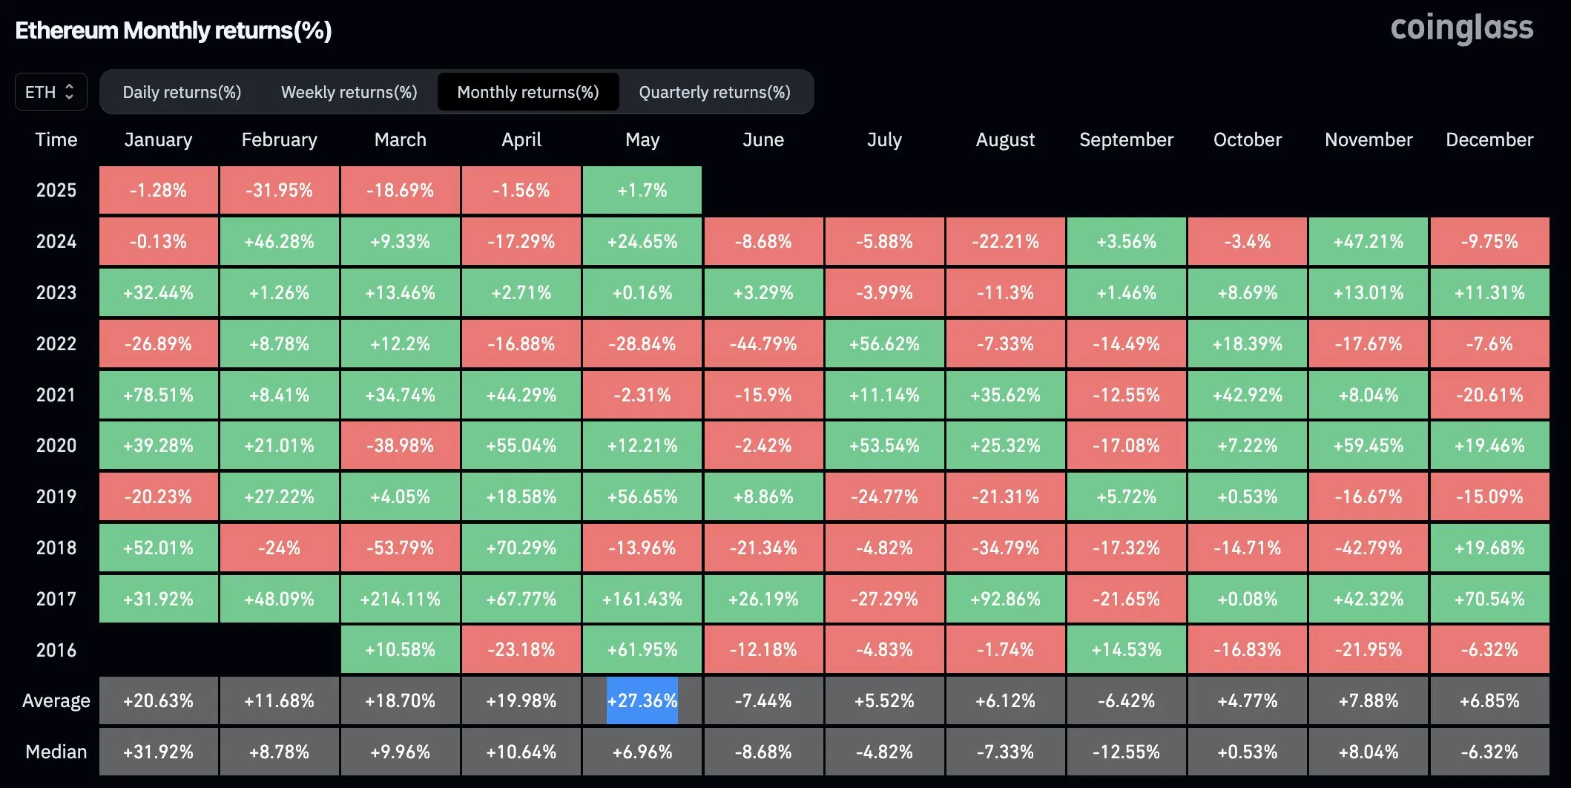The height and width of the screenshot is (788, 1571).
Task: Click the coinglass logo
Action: [1460, 28]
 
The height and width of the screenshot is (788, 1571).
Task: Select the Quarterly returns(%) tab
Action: [714, 92]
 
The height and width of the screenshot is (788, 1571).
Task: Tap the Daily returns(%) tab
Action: [182, 92]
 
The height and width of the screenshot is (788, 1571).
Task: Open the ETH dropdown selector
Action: [50, 92]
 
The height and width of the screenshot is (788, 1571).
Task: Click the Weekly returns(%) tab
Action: [349, 92]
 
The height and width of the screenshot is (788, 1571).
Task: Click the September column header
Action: [1126, 139]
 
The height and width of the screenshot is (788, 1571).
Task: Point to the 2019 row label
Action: [56, 496]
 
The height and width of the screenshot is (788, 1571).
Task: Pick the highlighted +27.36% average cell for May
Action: [642, 700]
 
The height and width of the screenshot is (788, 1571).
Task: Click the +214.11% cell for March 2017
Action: [400, 599]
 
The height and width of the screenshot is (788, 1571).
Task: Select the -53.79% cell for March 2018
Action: [400, 548]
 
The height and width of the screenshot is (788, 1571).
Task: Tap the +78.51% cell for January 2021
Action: [158, 395]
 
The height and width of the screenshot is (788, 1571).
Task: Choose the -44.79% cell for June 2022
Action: [763, 344]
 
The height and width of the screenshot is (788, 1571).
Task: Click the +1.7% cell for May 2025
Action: [642, 190]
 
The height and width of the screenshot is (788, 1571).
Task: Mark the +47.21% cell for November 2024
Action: [1368, 241]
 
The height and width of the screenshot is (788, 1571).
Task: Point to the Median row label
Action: [56, 752]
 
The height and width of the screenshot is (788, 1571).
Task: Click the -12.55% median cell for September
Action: [1126, 752]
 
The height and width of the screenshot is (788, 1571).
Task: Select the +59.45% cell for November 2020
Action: [1368, 445]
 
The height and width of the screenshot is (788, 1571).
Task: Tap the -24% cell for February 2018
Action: [279, 548]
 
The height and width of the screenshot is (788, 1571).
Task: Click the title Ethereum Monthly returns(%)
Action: [174, 30]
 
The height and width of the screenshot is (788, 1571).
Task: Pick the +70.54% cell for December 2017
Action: [1489, 599]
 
